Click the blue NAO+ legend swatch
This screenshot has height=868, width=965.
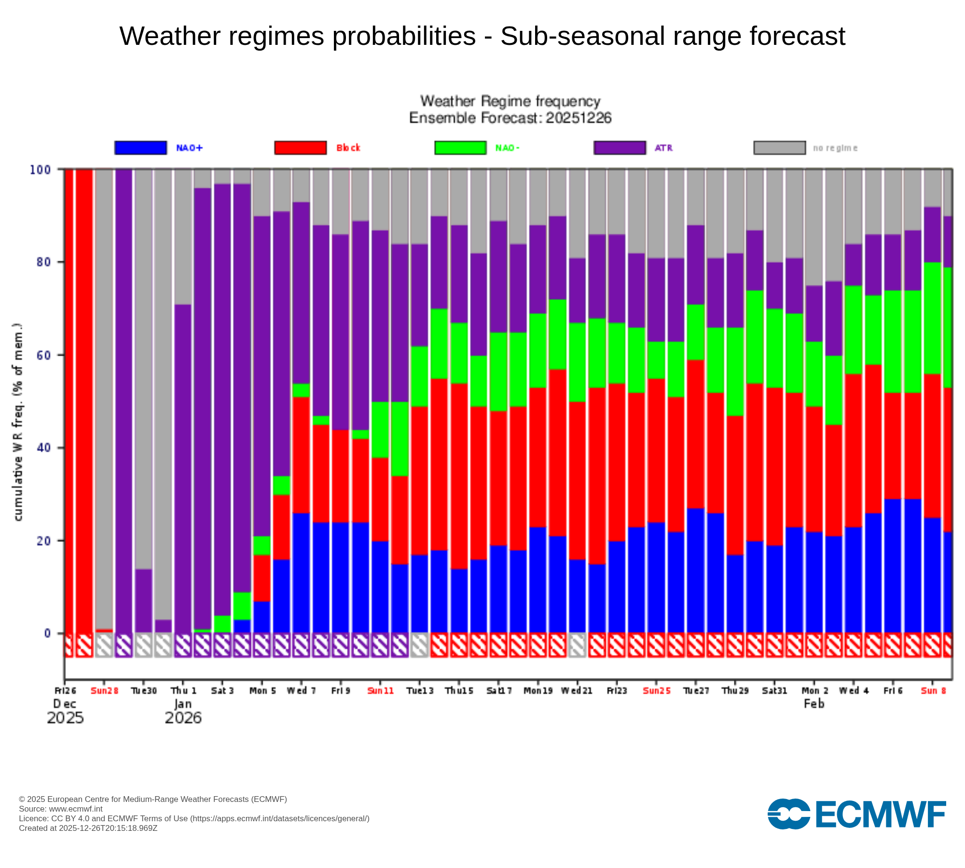click(x=140, y=148)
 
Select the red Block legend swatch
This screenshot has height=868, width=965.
click(x=300, y=148)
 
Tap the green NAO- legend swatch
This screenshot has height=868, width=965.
click(x=460, y=148)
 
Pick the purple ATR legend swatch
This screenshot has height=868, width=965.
click(x=620, y=148)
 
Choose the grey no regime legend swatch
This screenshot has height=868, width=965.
click(x=779, y=148)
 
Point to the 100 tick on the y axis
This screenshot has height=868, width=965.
click(x=40, y=170)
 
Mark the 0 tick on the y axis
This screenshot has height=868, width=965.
click(x=47, y=633)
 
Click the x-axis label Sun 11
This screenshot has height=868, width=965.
click(x=380, y=691)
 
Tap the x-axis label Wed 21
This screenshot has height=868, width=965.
click(x=577, y=691)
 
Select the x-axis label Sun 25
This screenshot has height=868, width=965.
click(x=656, y=691)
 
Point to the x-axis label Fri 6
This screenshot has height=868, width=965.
click(x=893, y=691)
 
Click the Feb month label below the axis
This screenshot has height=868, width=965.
click(x=814, y=704)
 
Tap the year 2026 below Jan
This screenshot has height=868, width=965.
click(x=183, y=718)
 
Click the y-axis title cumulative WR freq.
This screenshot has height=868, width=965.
click(x=18, y=422)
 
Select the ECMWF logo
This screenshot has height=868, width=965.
click(x=856, y=814)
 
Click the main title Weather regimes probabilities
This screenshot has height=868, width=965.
click(x=482, y=36)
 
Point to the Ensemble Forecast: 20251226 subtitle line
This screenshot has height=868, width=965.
click(x=510, y=118)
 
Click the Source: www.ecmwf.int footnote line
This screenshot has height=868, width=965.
click(x=61, y=809)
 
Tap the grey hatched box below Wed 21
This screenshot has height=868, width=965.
click(x=577, y=645)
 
